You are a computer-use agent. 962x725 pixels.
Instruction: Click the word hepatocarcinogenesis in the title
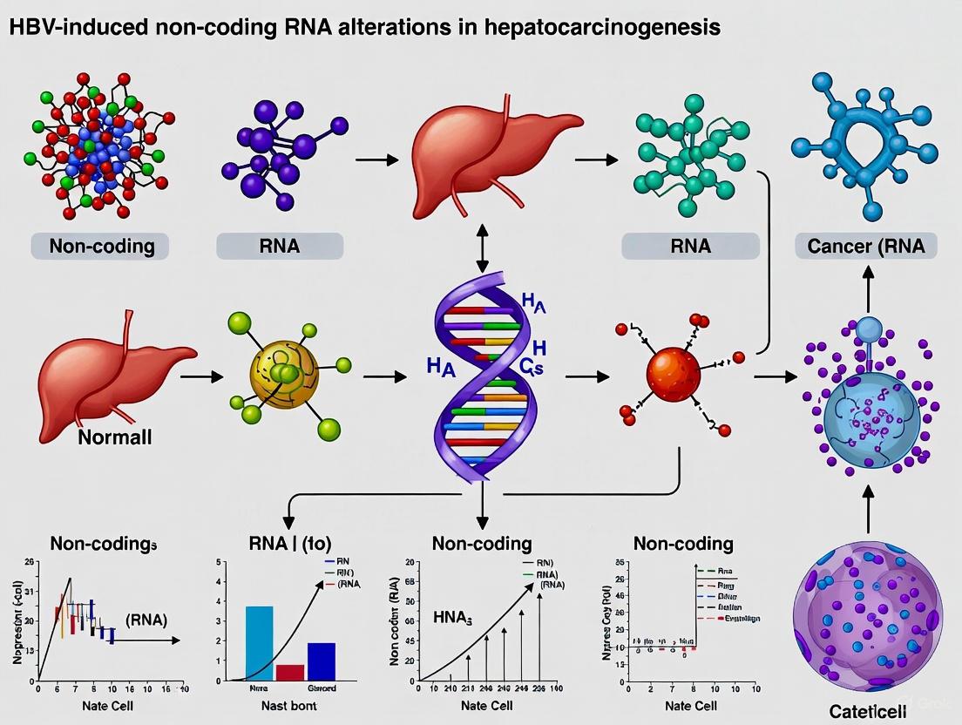coord(611,27)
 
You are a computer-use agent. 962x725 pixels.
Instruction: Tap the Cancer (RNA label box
coord(866,246)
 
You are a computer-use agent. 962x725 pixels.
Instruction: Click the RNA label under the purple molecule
coord(280,246)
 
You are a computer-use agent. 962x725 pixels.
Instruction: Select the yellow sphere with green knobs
coord(281,376)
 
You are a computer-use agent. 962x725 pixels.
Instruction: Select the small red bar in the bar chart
coord(289,671)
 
